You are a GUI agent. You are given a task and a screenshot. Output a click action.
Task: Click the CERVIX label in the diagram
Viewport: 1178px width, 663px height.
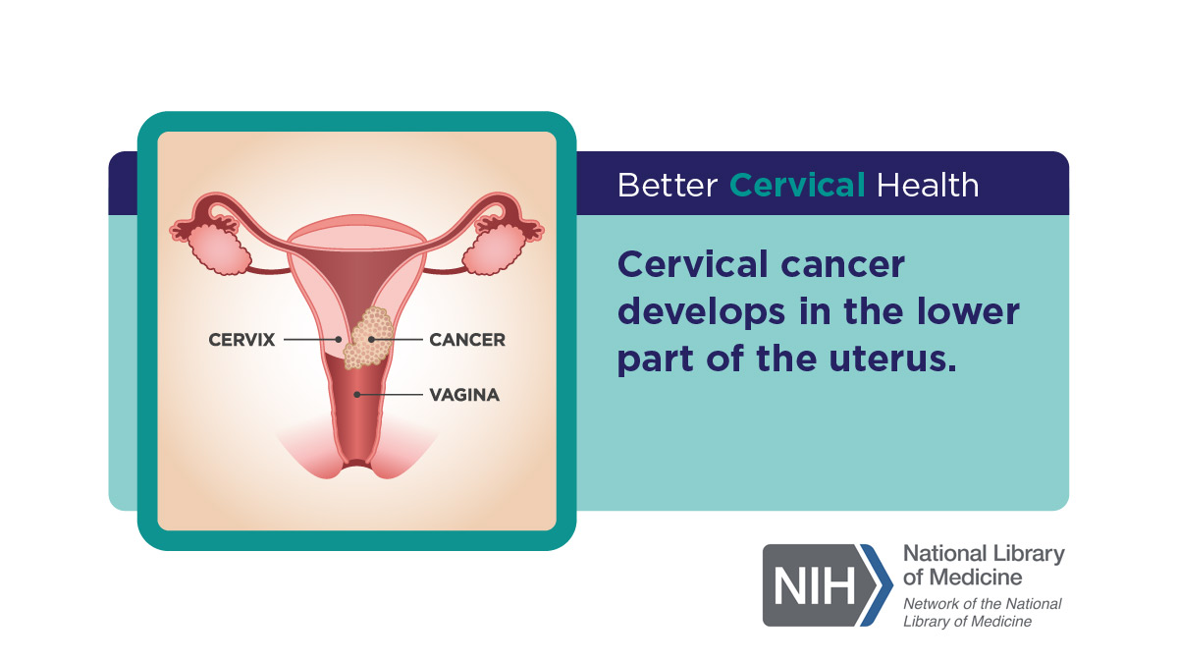pos(241,340)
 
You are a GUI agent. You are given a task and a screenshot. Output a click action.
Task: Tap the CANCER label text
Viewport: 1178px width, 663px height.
pos(467,340)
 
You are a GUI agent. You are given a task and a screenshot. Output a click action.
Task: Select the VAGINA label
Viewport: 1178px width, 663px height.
pos(464,395)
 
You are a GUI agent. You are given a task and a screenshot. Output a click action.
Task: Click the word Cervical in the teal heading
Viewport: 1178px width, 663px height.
pos(797,186)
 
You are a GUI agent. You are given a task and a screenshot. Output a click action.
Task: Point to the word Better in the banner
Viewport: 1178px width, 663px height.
pos(668,186)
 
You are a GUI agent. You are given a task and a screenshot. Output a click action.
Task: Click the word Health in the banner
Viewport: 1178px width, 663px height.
pos(928,186)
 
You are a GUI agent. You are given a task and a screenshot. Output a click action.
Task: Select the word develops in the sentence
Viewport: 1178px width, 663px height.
pos(702,311)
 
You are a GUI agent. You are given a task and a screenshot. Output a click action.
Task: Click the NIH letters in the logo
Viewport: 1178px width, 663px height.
pos(814,585)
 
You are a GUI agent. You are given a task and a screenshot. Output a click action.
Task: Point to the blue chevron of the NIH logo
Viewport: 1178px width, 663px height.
pos(878,585)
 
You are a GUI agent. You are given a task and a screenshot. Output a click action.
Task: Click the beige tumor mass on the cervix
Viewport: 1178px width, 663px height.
pos(369,338)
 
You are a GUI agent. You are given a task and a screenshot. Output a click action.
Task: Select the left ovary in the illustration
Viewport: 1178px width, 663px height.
pos(220,249)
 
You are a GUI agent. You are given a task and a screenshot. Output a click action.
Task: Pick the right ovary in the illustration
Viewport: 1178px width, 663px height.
pos(493,249)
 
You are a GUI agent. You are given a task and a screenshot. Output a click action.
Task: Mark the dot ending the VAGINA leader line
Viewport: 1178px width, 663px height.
pos(357,395)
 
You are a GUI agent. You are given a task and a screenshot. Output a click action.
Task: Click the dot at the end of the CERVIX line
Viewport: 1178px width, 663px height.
pos(339,340)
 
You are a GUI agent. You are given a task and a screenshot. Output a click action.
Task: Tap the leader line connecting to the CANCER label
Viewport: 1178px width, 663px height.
pos(396,340)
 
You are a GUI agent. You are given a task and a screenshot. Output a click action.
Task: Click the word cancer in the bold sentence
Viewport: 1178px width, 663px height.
pos(843,265)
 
